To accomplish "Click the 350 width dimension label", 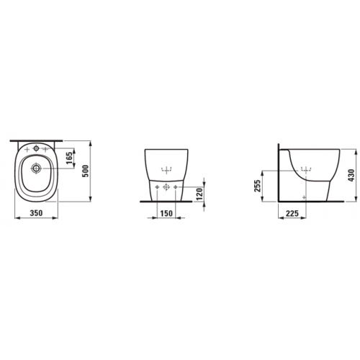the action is [36, 213].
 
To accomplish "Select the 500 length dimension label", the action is [86, 171].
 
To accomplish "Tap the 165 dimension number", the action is [69, 158].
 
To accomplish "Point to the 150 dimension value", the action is [166, 213].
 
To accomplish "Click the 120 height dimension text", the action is [199, 194].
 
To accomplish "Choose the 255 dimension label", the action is [257, 186].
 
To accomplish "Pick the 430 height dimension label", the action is [351, 175].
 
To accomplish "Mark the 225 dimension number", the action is [292, 213].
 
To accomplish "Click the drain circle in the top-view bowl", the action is [36, 168].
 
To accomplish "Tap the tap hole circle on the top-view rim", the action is [36, 149].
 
